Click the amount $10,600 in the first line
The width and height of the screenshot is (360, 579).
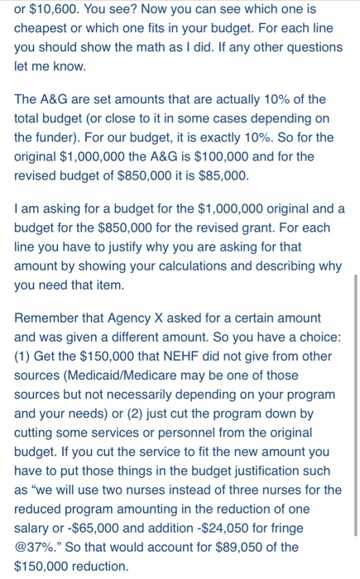(56, 10)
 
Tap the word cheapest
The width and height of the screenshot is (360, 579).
(44, 28)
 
